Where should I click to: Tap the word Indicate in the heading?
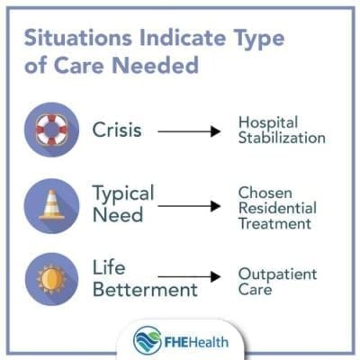[169, 40]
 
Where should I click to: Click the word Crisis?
[118, 130]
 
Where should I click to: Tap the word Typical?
[123, 193]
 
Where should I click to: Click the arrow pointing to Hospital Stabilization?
[190, 130]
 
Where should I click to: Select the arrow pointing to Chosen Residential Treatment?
[190, 205]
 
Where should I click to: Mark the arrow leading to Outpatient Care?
[190, 277]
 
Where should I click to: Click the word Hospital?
[267, 122]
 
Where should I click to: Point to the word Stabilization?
[282, 139]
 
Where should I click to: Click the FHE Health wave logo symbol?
[147, 341]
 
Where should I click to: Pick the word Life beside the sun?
[109, 268]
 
